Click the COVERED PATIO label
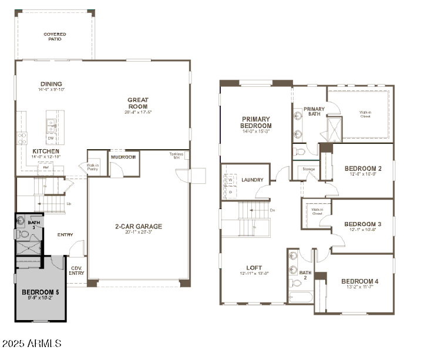(55, 36)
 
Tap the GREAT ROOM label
(138, 103)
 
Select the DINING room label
(51, 84)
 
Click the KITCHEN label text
(45, 152)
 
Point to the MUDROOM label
(124, 157)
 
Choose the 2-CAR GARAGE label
(138, 227)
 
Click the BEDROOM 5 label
(41, 292)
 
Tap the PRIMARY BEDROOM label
(256, 122)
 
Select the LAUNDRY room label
(252, 180)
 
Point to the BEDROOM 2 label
(362, 169)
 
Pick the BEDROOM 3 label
(362, 224)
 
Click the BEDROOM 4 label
(359, 282)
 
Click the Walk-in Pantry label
(93, 167)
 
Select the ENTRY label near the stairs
(65, 235)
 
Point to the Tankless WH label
(176, 156)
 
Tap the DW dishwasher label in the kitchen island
(51, 139)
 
